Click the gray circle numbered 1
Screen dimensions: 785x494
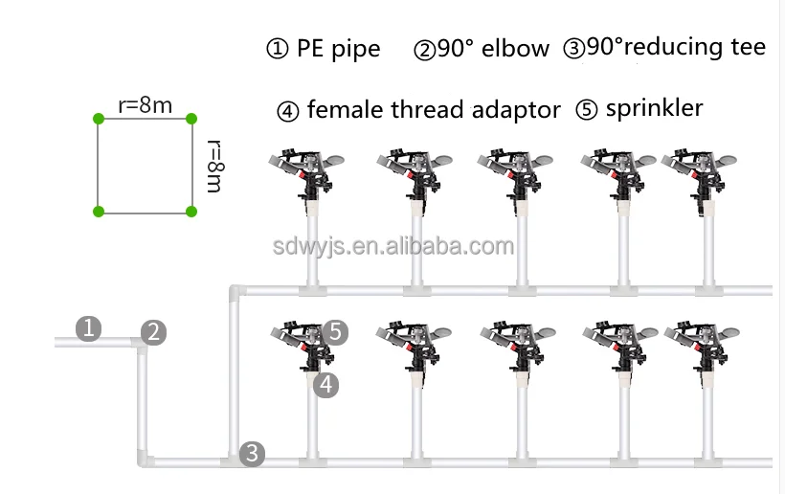tap(88, 329)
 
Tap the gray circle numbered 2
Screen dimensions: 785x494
tap(154, 333)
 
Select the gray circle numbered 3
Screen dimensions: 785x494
tap(252, 453)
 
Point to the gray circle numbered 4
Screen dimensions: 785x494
tap(326, 385)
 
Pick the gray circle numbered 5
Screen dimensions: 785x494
tap(335, 332)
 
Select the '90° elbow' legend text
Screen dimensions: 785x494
tap(494, 49)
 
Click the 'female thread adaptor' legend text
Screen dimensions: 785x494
tap(433, 110)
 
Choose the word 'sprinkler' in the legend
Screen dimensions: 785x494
tap(654, 108)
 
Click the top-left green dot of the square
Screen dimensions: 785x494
tap(98, 119)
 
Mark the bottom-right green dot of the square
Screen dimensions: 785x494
tap(191, 211)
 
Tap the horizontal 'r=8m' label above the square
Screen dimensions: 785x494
tap(145, 105)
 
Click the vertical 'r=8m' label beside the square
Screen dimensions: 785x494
tap(214, 166)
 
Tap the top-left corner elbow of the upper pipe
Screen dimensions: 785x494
tap(236, 290)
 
